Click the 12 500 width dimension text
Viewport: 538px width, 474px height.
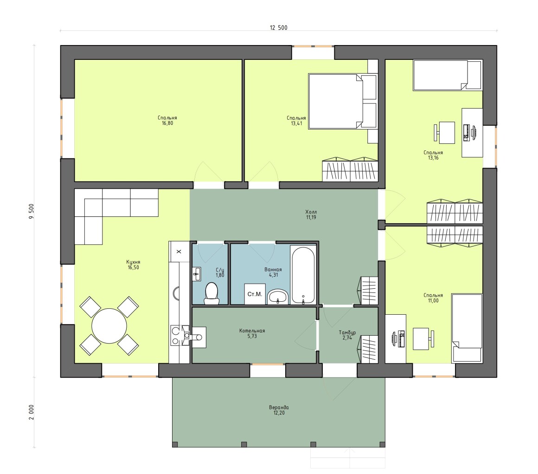[279, 28]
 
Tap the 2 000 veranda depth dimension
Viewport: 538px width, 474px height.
[32, 412]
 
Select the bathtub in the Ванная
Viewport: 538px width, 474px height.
[303, 275]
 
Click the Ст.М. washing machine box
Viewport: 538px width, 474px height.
[255, 294]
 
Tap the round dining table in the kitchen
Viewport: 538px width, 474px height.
[109, 325]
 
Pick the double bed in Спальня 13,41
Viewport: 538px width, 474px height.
[342, 101]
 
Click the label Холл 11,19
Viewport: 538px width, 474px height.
[311, 214]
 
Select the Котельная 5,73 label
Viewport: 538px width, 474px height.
[252, 333]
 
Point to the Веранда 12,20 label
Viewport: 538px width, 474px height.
[279, 410]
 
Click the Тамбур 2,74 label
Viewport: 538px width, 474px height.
[347, 335]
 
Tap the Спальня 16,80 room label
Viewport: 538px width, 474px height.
[167, 121]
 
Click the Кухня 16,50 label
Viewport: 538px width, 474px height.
[133, 265]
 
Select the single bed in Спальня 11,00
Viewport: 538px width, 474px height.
[467, 328]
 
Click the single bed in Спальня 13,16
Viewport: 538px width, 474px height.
[448, 75]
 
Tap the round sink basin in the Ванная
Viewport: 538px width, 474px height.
[278, 296]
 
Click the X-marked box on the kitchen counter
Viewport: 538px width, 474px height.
[179, 252]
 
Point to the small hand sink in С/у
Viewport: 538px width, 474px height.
[197, 274]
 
